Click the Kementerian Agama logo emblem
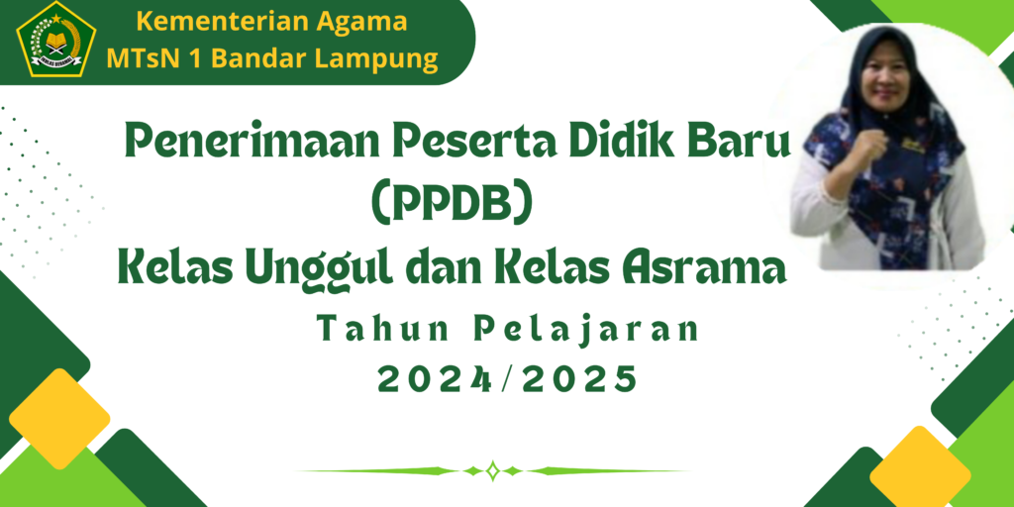[56, 40]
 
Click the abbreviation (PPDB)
[452, 205]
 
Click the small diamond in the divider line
[493, 470]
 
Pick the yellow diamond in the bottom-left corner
[59, 419]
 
